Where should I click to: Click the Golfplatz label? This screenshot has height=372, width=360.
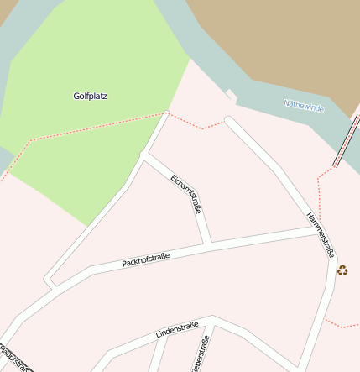(x=90, y=96)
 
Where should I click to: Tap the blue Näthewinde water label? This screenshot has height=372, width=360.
(x=303, y=106)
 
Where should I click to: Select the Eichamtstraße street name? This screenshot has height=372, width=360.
(x=185, y=193)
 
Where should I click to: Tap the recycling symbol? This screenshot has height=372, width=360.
(x=342, y=270)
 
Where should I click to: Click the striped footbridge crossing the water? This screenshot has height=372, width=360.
(x=345, y=141)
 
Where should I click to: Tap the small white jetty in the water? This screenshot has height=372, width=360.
(x=231, y=96)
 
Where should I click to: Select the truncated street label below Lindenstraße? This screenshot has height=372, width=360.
(x=201, y=353)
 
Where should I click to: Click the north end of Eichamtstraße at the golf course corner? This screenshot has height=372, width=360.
(x=147, y=155)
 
